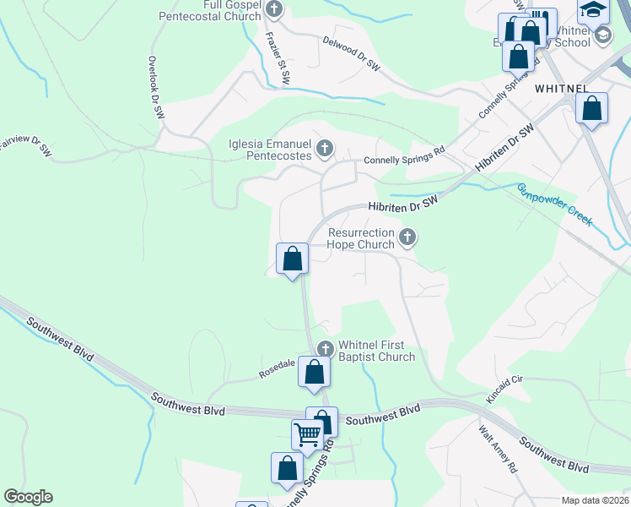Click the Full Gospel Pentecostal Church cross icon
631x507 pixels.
click(x=273, y=9)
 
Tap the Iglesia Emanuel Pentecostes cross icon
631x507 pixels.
click(x=324, y=150)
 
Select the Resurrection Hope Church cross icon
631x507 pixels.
click(x=407, y=237)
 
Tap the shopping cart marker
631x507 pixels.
click(x=308, y=434)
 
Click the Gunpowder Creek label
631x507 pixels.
click(x=555, y=204)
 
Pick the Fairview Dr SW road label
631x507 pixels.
click(x=25, y=145)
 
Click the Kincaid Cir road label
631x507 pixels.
click(x=505, y=389)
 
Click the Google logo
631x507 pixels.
click(x=29, y=497)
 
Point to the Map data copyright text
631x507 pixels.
click(x=595, y=500)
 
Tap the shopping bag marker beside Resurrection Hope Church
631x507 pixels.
click(x=292, y=258)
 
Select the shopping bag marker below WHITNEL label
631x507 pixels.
click(x=592, y=108)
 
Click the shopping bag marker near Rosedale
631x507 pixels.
click(x=314, y=372)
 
